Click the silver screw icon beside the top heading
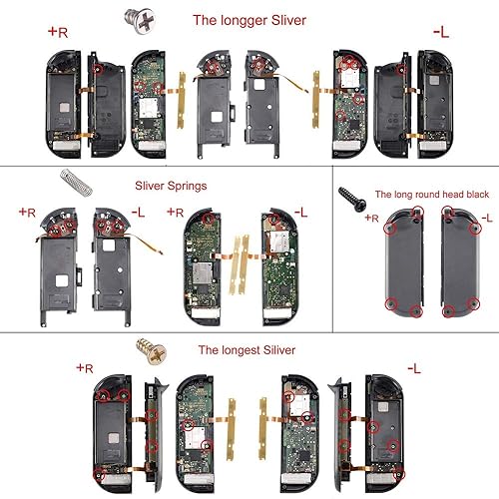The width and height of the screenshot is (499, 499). (x=128, y=17)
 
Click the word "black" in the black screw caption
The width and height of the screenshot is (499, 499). (x=466, y=196)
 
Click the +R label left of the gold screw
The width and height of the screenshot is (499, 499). (x=85, y=368)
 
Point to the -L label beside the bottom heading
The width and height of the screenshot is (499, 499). (x=415, y=368)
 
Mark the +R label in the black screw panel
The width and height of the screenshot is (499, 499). (x=372, y=217)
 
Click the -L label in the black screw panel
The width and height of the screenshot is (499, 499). (x=486, y=217)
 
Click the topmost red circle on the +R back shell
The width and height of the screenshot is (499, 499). (x=417, y=213)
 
